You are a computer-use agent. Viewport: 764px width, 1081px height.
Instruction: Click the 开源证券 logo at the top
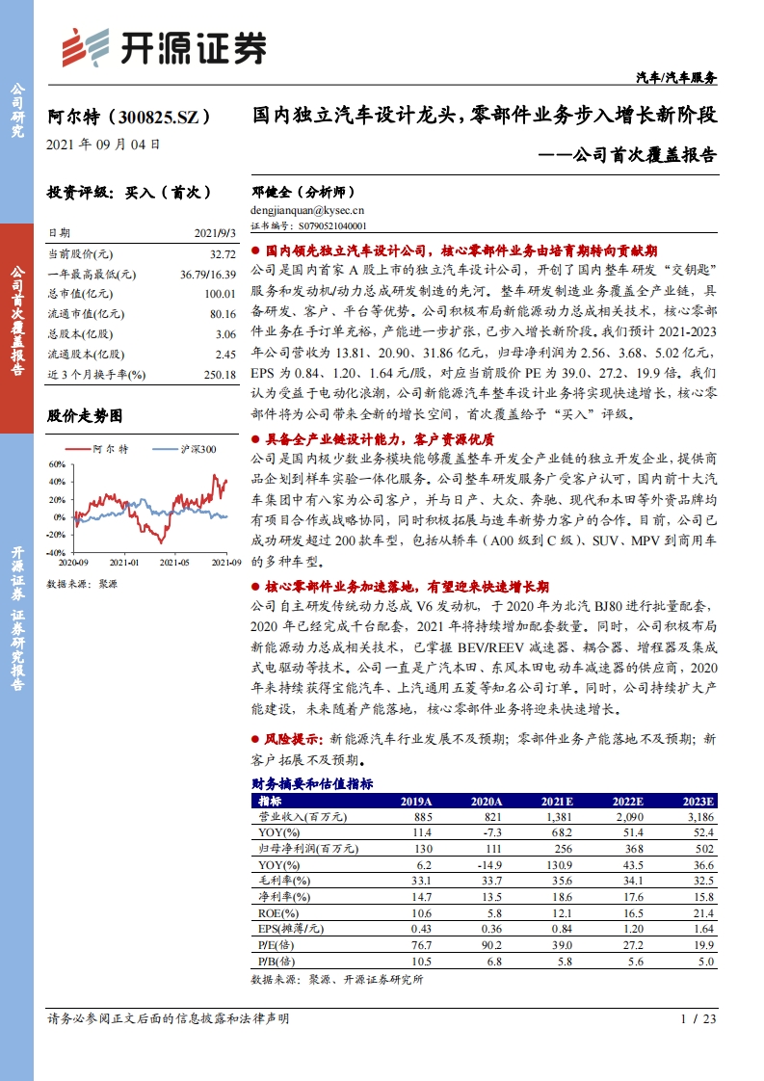[x=164, y=45]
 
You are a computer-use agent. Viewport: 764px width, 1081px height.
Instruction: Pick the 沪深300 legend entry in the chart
[x=198, y=449]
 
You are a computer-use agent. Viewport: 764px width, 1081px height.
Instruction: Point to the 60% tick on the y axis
[x=56, y=464]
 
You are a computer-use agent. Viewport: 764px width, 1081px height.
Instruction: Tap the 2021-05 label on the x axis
[x=174, y=562]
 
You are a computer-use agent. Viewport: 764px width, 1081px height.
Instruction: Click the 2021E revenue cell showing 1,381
[x=557, y=817]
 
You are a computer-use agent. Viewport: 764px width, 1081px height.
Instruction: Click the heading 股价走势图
[x=86, y=416]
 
